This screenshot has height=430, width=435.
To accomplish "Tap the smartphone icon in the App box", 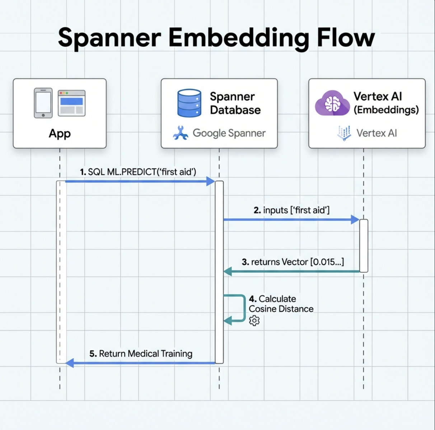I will (43, 103).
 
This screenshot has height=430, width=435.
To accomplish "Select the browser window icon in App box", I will (72, 103).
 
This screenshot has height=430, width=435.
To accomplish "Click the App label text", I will (60, 134).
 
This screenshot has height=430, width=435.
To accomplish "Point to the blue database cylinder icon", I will (189, 103).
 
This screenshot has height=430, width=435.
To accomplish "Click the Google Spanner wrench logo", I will (180, 133).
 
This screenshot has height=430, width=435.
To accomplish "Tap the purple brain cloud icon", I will (332, 103).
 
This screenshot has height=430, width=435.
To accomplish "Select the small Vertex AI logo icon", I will (344, 133).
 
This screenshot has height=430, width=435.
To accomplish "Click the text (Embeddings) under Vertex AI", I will (386, 110).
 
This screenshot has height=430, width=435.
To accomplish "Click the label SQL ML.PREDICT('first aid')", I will (138, 172).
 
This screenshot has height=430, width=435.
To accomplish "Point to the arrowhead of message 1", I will (211, 181).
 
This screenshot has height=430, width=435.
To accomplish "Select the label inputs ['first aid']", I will (291, 210).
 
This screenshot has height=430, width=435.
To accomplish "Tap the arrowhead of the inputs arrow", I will (355, 219).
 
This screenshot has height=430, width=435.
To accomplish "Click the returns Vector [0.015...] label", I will (293, 262).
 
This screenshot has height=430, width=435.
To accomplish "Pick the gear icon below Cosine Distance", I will (254, 321).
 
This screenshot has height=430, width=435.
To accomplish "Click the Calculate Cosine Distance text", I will (281, 304).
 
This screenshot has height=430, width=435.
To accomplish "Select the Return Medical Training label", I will (141, 354).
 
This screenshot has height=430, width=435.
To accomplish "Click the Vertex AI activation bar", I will (364, 246).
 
